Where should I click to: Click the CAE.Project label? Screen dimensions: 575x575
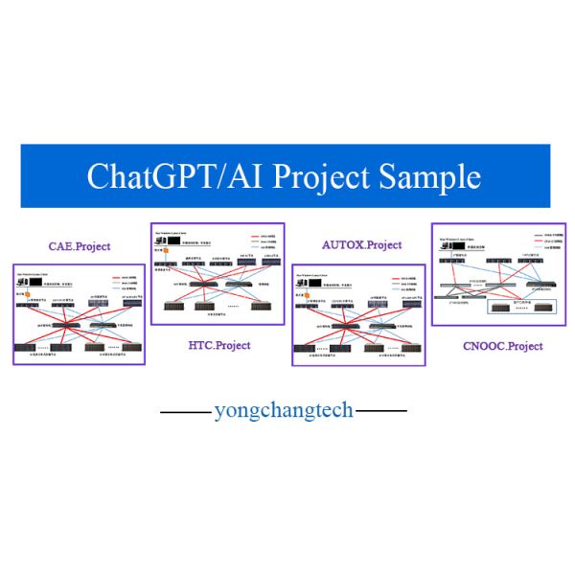click(x=80, y=246)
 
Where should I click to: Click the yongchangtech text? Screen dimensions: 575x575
click(x=284, y=411)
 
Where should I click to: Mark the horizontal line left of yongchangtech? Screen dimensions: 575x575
click(x=185, y=412)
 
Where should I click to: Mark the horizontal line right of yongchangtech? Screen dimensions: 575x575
click(x=381, y=412)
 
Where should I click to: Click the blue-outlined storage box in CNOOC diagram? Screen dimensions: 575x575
click(x=522, y=308)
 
